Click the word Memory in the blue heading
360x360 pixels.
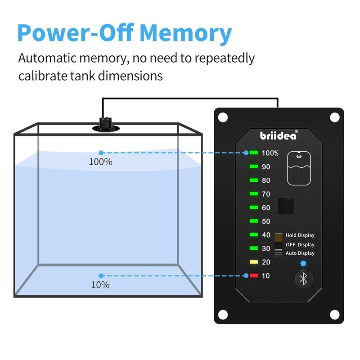click(x=185, y=33)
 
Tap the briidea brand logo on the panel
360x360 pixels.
click(x=279, y=135)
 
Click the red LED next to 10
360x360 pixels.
click(x=254, y=275)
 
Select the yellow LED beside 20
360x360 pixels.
click(x=254, y=262)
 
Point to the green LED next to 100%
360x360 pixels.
click(x=254, y=153)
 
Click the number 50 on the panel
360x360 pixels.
click(x=266, y=221)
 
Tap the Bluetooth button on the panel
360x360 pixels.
click(x=303, y=279)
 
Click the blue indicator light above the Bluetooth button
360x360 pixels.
click(x=303, y=264)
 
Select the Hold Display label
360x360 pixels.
click(x=300, y=235)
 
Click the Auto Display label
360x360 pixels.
click(x=300, y=253)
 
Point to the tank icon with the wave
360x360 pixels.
click(x=299, y=168)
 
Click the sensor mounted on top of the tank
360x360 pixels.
click(x=106, y=125)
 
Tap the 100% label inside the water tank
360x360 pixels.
click(x=100, y=162)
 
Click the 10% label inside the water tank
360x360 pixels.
click(x=100, y=285)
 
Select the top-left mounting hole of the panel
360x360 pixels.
click(x=223, y=117)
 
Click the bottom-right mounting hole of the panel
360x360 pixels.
click(x=334, y=315)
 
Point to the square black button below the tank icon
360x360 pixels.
click(x=286, y=206)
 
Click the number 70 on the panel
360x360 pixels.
click(x=266, y=194)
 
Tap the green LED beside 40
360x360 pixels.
click(x=254, y=234)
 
